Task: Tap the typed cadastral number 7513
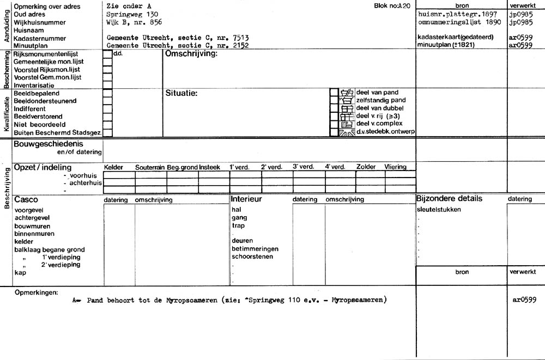tap(240, 38)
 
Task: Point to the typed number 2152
tap(240, 46)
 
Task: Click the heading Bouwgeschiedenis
tap(48, 143)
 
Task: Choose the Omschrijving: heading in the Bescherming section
tap(191, 54)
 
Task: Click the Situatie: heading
tap(181, 93)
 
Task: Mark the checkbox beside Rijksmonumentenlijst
tap(107, 54)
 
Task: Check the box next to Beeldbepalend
tap(107, 93)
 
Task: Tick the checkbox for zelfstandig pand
tap(334, 100)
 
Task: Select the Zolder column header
tap(366, 167)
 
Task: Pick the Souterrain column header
tap(150, 167)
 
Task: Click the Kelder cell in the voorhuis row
tap(119, 175)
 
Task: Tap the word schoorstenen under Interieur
tap(252, 257)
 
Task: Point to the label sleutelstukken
tap(438, 209)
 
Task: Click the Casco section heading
tap(26, 199)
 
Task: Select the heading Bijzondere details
tap(449, 199)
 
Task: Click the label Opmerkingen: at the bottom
tap(36, 292)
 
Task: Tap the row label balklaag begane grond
tap(49, 249)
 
